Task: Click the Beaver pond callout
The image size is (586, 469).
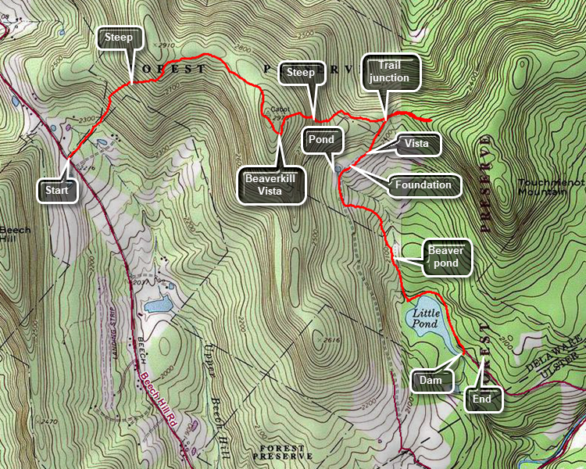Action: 446,258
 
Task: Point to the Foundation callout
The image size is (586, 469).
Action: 423,185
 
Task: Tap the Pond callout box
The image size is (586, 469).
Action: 321,140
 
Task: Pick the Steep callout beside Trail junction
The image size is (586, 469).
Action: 301,73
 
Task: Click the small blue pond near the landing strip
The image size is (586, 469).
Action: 158,304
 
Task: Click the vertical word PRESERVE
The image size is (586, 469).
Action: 485,184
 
